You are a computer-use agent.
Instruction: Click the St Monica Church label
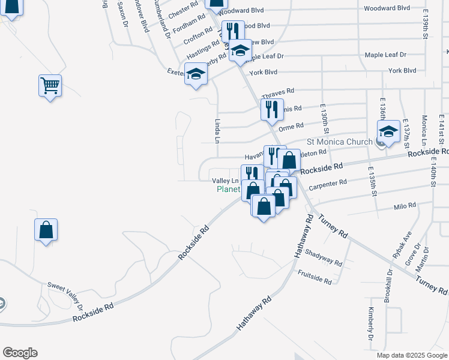click(339, 142)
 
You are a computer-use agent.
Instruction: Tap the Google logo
click(20, 353)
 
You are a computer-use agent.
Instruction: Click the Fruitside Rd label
click(315, 277)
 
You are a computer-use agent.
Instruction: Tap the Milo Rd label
click(405, 206)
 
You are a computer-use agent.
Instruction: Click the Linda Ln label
click(217, 130)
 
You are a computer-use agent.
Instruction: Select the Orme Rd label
click(291, 126)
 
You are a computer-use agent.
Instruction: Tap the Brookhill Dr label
click(388, 285)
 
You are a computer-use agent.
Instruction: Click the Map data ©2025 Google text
click(412, 355)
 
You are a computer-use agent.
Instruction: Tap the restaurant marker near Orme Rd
click(271, 109)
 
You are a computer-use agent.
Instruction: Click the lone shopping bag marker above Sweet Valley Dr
click(46, 230)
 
